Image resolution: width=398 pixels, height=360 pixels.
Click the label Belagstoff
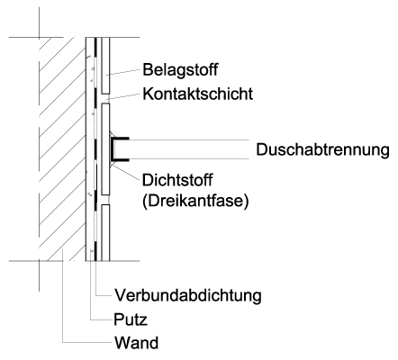(x=180, y=70)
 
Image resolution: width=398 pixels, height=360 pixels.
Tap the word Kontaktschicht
(x=198, y=94)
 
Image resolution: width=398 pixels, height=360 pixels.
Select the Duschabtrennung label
(x=322, y=149)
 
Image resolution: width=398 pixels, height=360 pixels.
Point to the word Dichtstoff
(x=177, y=180)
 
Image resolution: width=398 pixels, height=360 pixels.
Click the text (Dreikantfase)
(x=195, y=201)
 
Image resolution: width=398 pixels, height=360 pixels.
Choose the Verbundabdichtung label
(x=188, y=295)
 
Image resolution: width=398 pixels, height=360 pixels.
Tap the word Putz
(x=131, y=319)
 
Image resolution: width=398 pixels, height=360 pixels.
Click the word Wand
(x=136, y=343)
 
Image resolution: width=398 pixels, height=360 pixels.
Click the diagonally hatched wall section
(x=61, y=149)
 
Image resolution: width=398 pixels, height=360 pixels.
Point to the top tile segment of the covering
(x=105, y=66)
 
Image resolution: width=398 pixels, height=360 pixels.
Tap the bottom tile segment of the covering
(x=105, y=233)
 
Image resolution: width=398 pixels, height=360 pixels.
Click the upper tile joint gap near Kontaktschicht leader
(x=105, y=98)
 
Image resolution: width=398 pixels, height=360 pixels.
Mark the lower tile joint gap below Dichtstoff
(x=105, y=200)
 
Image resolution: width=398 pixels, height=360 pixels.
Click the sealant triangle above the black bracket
(x=112, y=134)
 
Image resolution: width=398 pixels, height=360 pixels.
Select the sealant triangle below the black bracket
(x=112, y=164)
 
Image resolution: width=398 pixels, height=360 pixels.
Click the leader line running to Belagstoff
(x=122, y=72)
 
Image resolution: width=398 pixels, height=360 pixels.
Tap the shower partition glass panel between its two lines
(x=189, y=149)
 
